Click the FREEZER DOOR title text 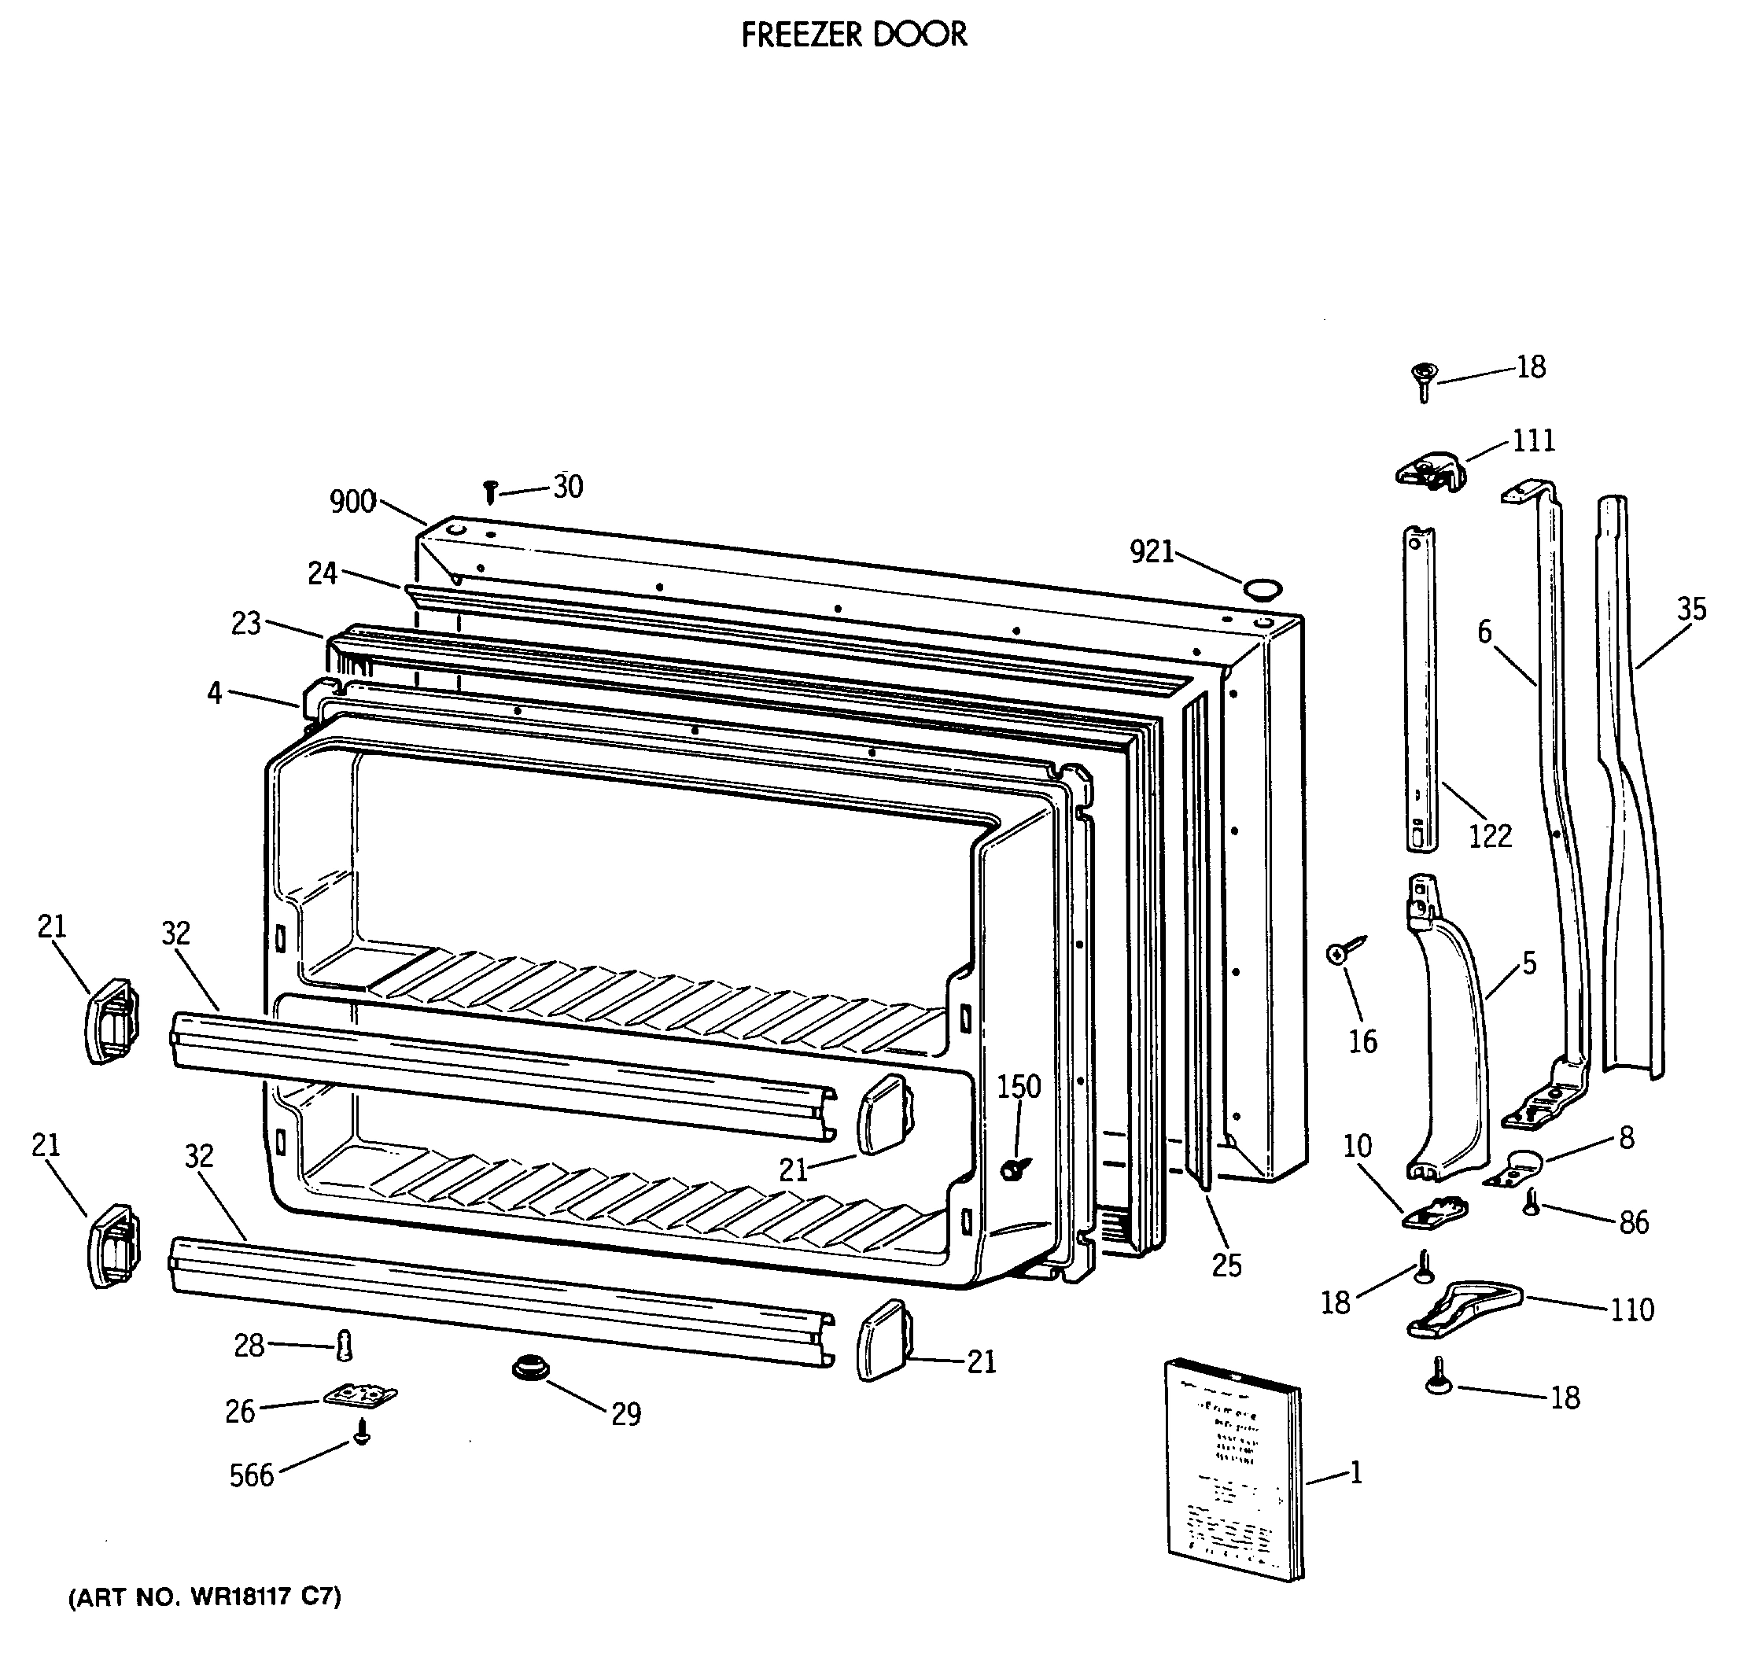tap(853, 35)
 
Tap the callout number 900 tap(352, 502)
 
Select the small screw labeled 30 tap(490, 492)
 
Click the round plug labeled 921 tap(1263, 588)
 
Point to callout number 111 tap(1533, 440)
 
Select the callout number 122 tap(1490, 836)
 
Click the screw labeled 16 tap(1345, 951)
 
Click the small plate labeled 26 tap(359, 1396)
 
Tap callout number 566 tap(252, 1475)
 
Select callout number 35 tap(1691, 609)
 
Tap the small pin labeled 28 tap(345, 1346)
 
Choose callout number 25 tap(1226, 1265)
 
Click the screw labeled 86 tap(1531, 1202)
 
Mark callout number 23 tap(245, 624)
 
